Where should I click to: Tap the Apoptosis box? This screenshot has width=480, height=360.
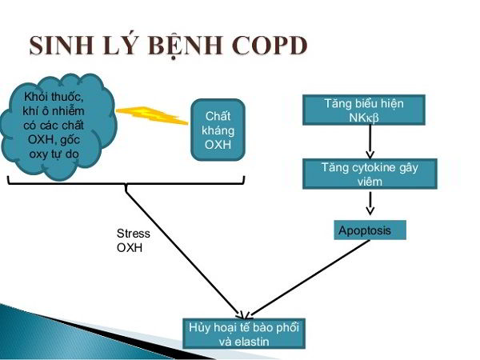(369, 231)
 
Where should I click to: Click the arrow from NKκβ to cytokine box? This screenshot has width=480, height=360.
(369, 142)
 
